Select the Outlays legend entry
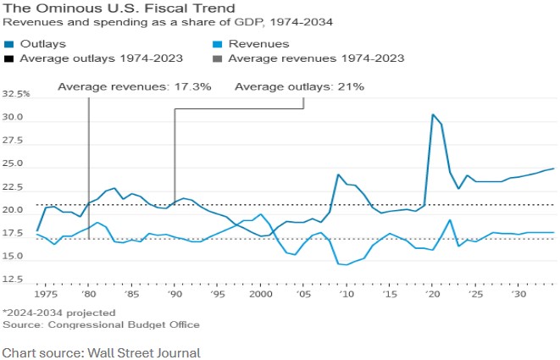tap(42, 43)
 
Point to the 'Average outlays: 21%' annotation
tap(299, 86)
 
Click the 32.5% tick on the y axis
tap(16, 94)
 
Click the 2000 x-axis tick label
tap(261, 293)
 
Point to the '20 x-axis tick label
tap(433, 293)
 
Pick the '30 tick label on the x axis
tap(519, 293)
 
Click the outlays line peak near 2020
tap(433, 114)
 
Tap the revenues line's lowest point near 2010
tap(346, 265)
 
